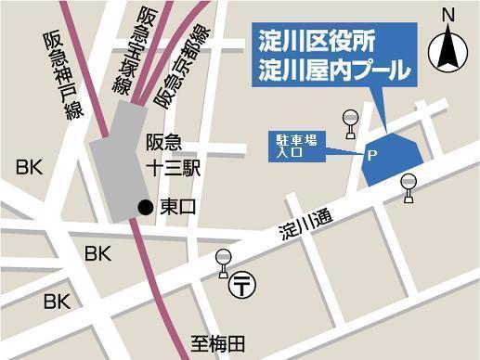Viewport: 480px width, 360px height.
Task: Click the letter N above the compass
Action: tap(448, 16)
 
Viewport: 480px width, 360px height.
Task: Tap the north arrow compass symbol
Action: tap(449, 45)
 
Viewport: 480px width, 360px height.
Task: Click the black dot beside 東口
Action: tap(144, 206)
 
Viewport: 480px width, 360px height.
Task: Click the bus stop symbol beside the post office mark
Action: tap(223, 264)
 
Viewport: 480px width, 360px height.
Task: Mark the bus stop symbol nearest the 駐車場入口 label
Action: tap(350, 122)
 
